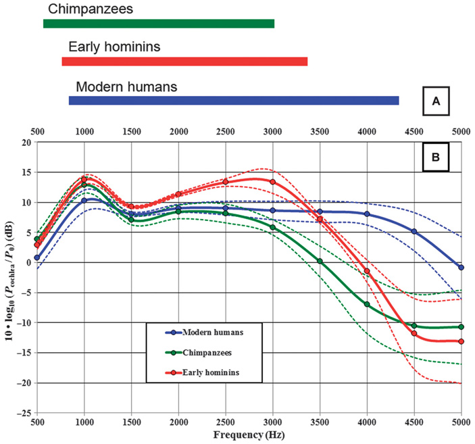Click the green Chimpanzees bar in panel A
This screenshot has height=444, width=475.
159,24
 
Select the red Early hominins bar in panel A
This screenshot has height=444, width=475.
184,61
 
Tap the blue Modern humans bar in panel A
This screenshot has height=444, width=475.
234,101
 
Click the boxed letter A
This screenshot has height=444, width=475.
436,101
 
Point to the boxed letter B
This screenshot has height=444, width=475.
436,157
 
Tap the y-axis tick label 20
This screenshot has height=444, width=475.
26,143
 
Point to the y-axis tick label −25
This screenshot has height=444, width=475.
24,413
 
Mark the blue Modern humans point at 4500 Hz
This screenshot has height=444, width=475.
414,232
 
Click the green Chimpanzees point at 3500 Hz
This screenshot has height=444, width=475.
320,261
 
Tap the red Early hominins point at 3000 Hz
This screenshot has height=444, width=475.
272,182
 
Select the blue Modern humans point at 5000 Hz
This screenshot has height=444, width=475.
461,268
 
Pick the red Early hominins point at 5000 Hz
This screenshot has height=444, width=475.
461,341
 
